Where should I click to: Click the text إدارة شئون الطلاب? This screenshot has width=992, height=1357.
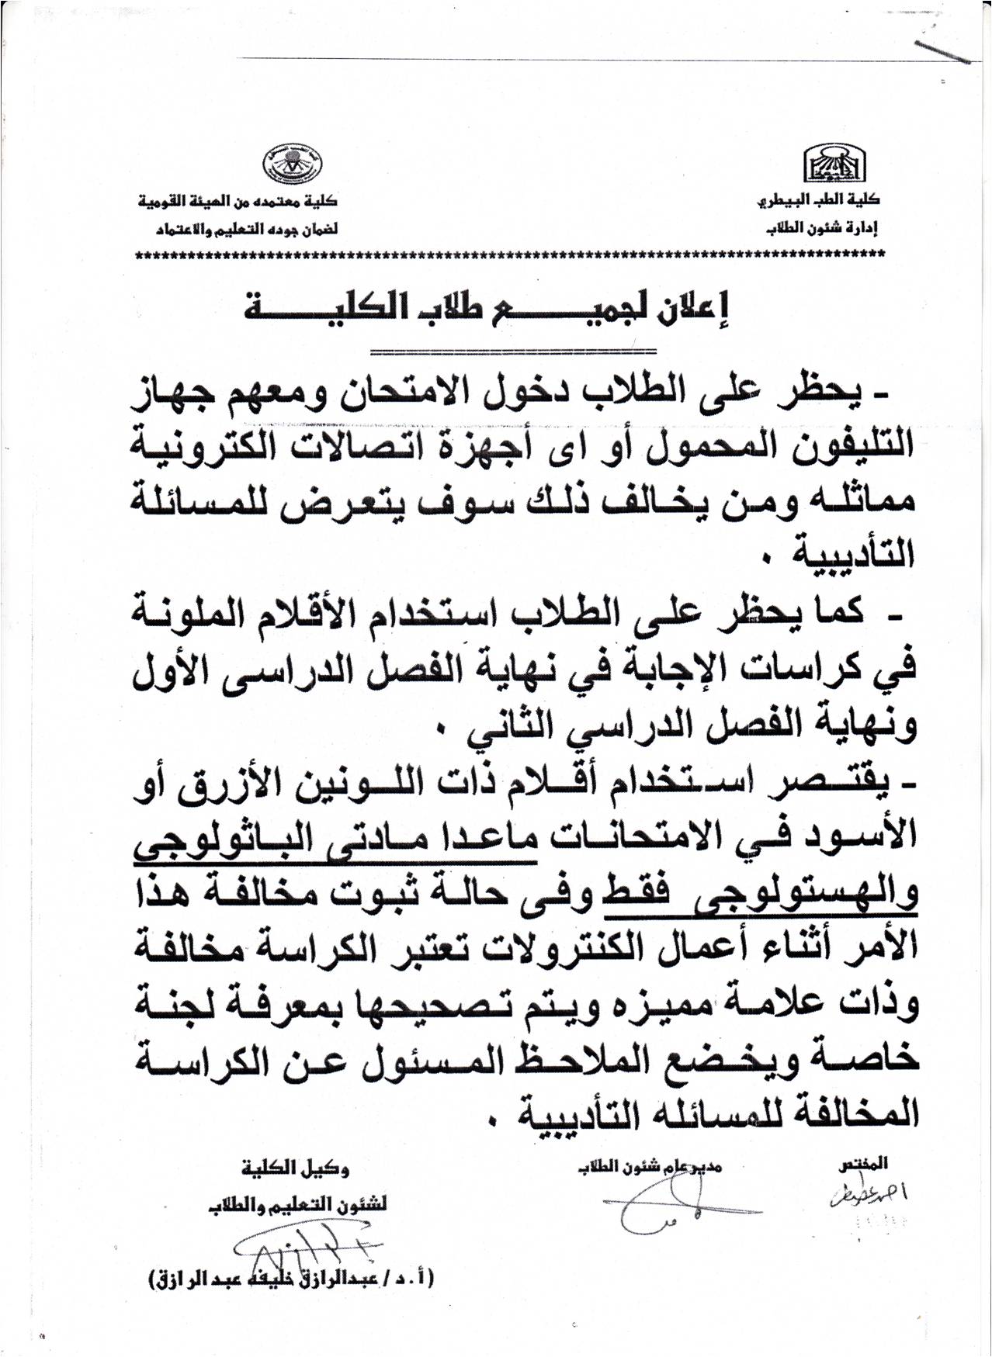click(827, 230)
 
